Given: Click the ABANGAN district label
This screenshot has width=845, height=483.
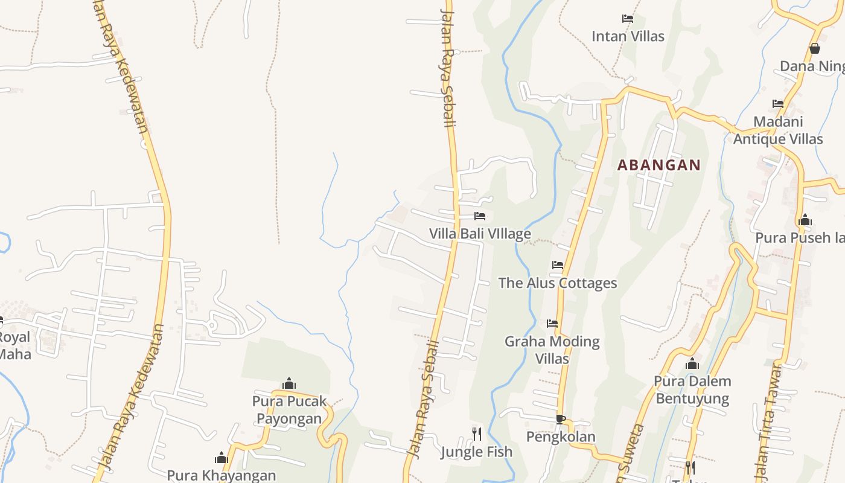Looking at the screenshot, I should (x=658, y=165).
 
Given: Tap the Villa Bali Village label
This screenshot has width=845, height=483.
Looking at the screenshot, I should (x=480, y=234).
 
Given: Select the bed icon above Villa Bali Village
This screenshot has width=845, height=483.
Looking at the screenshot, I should (x=480, y=216).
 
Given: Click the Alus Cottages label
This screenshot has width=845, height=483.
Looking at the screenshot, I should (x=557, y=283).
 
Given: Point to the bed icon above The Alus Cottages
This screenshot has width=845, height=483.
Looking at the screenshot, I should (x=557, y=264).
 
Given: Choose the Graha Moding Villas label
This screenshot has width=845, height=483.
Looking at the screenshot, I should (x=552, y=350).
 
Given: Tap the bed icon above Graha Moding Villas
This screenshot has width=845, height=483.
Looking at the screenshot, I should (x=552, y=323).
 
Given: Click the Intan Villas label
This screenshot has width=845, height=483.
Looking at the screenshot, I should (x=628, y=36).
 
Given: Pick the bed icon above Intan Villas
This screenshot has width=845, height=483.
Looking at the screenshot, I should (x=628, y=18).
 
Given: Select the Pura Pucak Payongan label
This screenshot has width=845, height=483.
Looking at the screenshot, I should (x=289, y=409).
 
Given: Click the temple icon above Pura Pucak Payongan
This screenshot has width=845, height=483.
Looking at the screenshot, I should (x=289, y=383).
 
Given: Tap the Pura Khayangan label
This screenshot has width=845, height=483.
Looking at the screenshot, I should (x=221, y=475).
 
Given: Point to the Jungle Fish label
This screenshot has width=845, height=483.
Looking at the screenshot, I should (x=476, y=452).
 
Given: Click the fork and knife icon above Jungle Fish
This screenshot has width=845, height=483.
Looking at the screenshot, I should (x=476, y=433).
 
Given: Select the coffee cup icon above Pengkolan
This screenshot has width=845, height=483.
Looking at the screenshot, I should (x=560, y=418).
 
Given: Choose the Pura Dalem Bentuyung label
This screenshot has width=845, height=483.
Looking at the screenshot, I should (x=692, y=389).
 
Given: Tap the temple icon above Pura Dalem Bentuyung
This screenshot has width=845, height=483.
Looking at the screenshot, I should (x=692, y=363).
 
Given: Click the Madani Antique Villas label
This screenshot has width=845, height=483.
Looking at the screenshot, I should (x=778, y=130).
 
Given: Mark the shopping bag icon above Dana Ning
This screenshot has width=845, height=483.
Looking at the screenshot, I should (x=814, y=48).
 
